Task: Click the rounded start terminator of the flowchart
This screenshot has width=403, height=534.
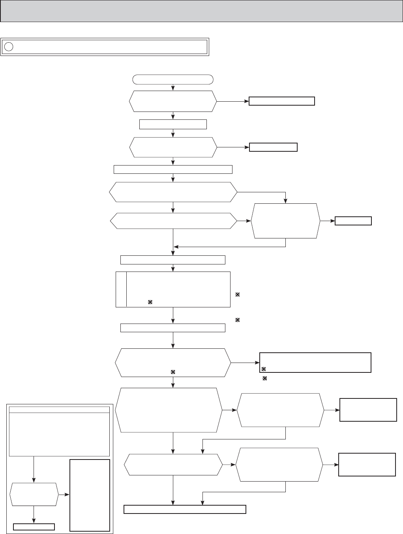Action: (x=173, y=79)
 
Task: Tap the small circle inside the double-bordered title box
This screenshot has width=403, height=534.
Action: (x=9, y=47)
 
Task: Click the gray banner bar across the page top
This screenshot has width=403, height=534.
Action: (x=201, y=11)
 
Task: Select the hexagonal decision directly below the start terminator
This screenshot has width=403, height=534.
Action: (x=173, y=101)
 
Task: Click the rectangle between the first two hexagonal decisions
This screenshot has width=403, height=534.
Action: (x=173, y=125)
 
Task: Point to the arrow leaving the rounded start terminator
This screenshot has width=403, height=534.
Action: (x=173, y=87)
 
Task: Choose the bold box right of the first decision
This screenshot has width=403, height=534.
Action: (x=282, y=101)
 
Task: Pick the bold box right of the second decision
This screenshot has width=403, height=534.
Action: (x=273, y=147)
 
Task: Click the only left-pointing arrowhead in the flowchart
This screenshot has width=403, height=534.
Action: (x=176, y=247)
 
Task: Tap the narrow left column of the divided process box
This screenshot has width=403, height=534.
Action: (x=121, y=289)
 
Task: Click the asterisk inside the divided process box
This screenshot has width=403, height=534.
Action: (x=150, y=302)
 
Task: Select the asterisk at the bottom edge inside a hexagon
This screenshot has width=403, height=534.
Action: (x=172, y=372)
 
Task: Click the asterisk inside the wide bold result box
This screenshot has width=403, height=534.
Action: (x=264, y=369)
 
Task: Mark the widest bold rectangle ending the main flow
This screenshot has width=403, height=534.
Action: (x=185, y=509)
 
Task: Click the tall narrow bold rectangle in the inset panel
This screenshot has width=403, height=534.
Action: (x=90, y=495)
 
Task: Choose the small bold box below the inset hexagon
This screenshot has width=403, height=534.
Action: (x=34, y=527)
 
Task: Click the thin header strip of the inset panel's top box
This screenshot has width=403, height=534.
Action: (x=59, y=409)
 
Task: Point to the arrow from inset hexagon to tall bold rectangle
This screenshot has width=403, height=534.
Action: (x=64, y=494)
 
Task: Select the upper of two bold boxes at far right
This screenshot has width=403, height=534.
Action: (x=368, y=410)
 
